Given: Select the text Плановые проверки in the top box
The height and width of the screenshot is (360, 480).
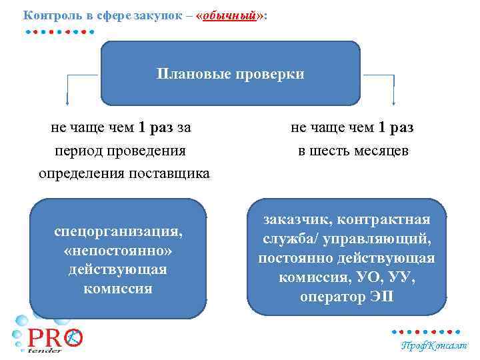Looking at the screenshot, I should click(x=230, y=73).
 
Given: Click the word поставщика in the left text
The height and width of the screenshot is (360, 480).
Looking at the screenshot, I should click(x=173, y=173).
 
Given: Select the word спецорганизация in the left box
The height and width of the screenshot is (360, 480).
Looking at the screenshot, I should click(x=118, y=232).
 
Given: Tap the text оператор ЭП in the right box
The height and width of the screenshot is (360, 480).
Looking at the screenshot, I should click(x=346, y=297).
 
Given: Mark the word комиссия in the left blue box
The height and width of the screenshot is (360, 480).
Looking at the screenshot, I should click(x=118, y=289).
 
